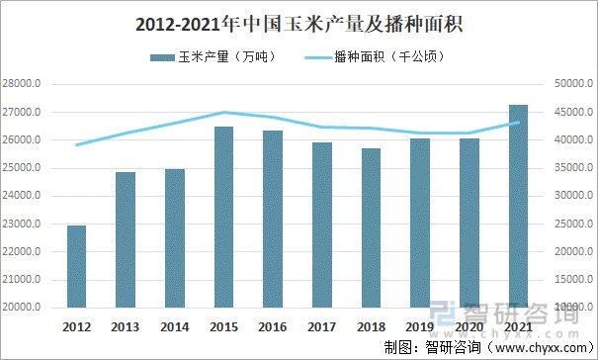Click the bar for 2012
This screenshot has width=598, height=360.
[x=76, y=267]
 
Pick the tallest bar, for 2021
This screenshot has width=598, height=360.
[x=518, y=207]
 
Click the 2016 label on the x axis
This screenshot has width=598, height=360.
[x=272, y=325]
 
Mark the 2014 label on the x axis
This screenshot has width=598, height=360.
[x=174, y=325]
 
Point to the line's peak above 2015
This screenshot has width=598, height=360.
[x=223, y=113]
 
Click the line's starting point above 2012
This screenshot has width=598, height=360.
[x=76, y=145]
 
